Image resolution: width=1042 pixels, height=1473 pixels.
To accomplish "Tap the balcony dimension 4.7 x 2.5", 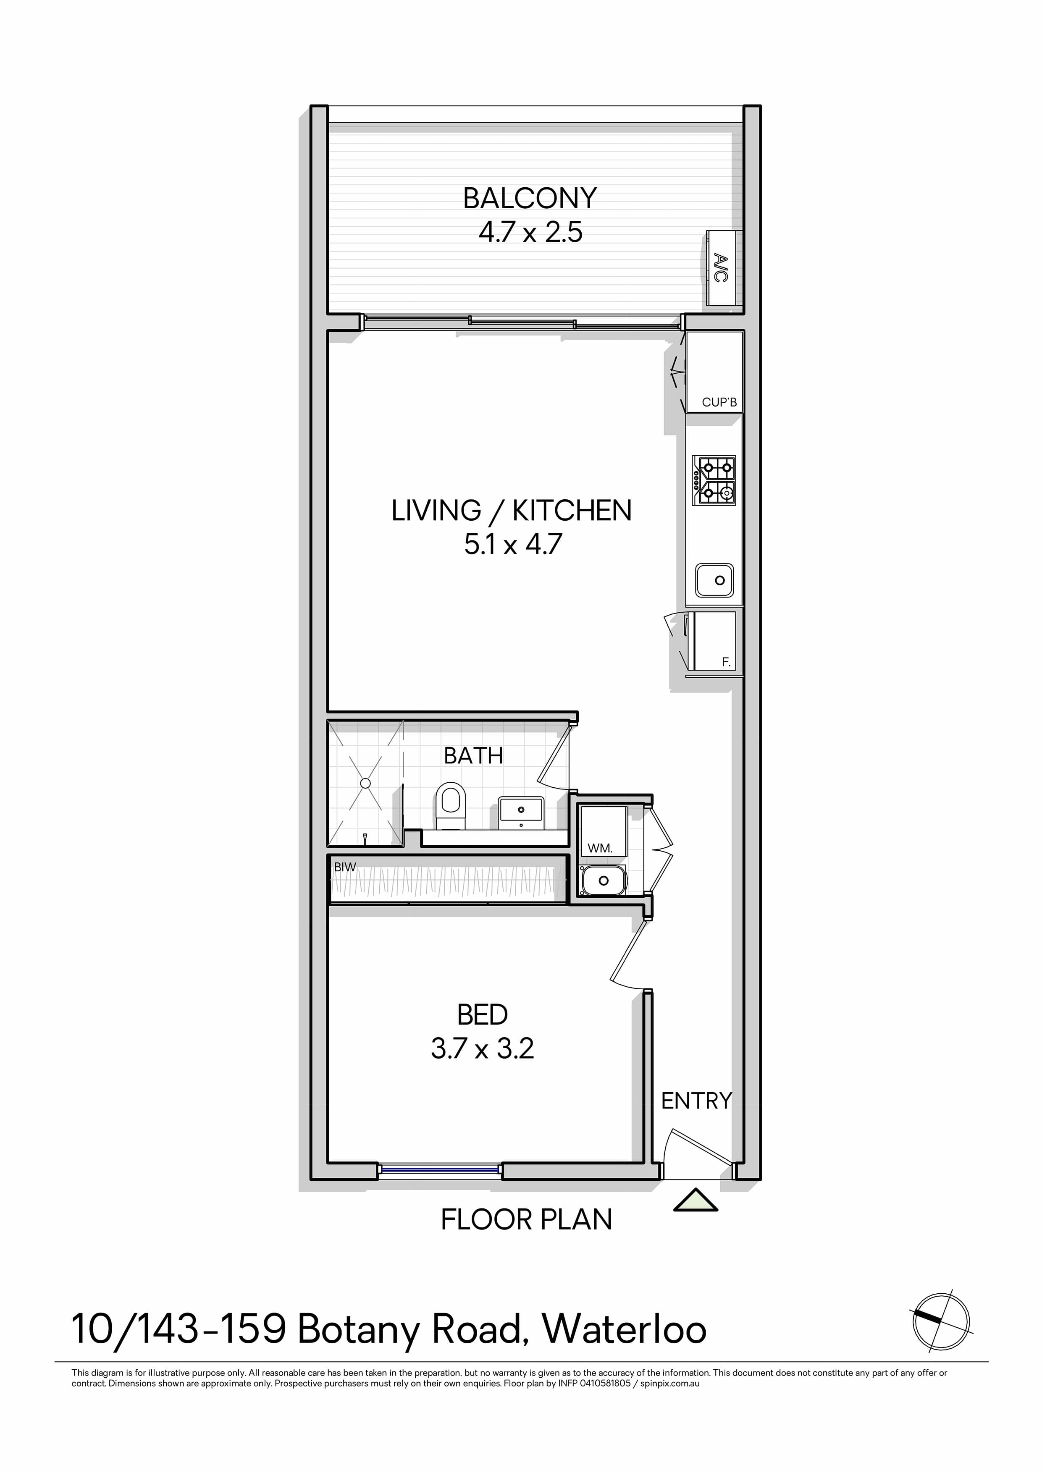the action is point(530,232).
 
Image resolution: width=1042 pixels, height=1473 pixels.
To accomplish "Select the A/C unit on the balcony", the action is point(724,268).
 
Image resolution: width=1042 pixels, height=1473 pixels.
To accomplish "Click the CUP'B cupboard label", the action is point(719,402).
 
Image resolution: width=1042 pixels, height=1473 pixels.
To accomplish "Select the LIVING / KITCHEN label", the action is point(512,511).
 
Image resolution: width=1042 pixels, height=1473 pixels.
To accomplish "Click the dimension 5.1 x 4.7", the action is point(513,545).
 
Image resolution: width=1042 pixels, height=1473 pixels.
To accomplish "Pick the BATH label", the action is point(473,756).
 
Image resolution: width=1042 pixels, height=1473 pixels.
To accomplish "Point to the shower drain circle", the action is point(366,784).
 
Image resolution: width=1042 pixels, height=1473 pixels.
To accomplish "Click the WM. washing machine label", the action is point(600,848).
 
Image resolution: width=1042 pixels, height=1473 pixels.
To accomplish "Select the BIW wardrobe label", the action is point(345,868).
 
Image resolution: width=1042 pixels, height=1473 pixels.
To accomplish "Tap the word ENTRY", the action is point(697,1101).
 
